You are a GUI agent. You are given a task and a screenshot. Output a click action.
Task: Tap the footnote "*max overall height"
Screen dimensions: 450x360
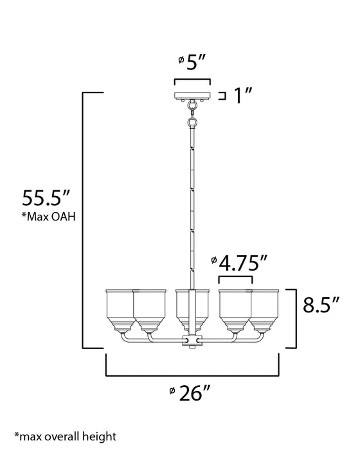pos(60,437)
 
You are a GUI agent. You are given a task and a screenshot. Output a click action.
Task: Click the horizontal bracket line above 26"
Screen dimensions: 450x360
pos(192,374)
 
